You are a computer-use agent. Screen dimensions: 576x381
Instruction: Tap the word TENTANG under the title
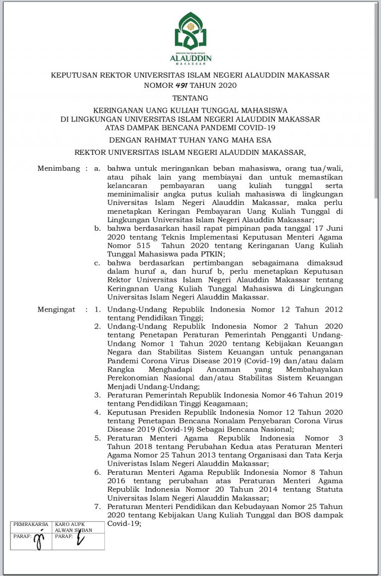tap(190, 98)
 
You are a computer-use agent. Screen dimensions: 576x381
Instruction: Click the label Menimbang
tap(59, 169)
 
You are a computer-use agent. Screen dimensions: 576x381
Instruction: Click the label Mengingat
tap(56, 310)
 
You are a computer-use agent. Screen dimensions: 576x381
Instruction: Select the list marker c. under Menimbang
tap(97, 263)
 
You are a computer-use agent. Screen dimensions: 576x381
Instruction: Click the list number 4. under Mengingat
tap(98, 412)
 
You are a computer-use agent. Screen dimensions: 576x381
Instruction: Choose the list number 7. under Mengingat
tap(98, 507)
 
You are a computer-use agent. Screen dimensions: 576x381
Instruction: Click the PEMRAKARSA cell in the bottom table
tap(31, 524)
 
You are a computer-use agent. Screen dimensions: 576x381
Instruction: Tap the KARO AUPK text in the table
tap(68, 524)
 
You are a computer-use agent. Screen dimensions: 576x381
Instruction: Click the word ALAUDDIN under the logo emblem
tap(190, 59)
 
